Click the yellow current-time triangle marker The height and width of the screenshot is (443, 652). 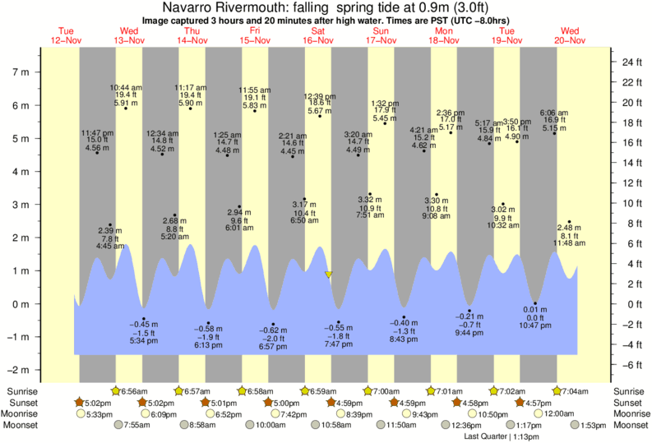coord(328,275)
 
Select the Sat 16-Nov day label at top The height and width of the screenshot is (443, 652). coord(318,35)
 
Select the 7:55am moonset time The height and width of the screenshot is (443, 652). coord(134,425)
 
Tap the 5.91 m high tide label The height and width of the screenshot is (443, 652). coord(124,104)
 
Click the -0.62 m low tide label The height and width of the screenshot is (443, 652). coord(273,330)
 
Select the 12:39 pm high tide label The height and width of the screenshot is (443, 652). coord(319,96)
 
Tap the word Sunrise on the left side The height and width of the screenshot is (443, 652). coord(21,391)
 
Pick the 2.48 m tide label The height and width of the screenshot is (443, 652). coord(568,228)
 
